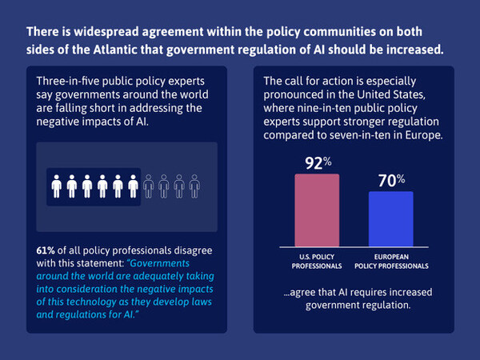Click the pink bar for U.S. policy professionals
(x=317, y=210)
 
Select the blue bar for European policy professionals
(x=391, y=219)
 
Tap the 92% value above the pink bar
(x=318, y=163)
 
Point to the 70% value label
(x=391, y=180)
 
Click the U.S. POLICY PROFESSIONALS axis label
(x=317, y=262)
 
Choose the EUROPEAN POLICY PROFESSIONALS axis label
(x=391, y=262)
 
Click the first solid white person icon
(x=57, y=186)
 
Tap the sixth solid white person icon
(x=133, y=186)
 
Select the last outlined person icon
(x=194, y=186)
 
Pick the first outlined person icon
(x=149, y=186)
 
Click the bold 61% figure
(x=46, y=250)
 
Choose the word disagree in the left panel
(x=193, y=250)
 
